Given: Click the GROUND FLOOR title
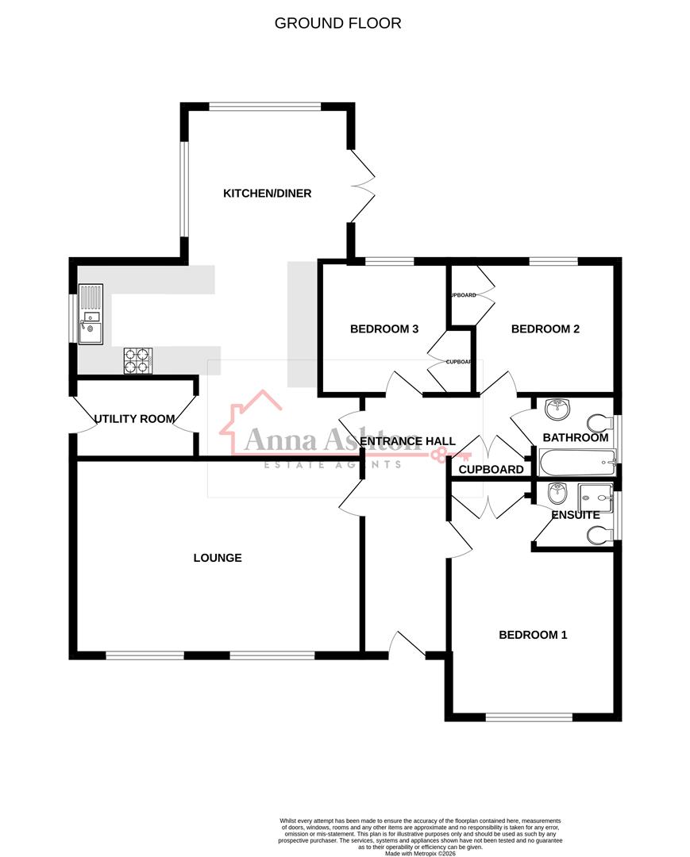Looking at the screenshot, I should point(337,23).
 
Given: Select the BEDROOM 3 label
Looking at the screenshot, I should point(384,329).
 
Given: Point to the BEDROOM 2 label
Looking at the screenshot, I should point(545,329).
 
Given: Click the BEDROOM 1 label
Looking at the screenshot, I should point(533,635).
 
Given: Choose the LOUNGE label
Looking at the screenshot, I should point(218,558).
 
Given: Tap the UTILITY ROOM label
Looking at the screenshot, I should point(135,418).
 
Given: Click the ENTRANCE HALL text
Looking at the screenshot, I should point(407,441).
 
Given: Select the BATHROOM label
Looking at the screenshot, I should point(576,437).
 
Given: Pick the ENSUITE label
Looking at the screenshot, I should point(576,515).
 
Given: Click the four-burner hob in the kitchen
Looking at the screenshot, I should point(137,361).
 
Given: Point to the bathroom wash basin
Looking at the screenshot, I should point(558,409).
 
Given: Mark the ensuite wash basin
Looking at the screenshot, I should point(558,494).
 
